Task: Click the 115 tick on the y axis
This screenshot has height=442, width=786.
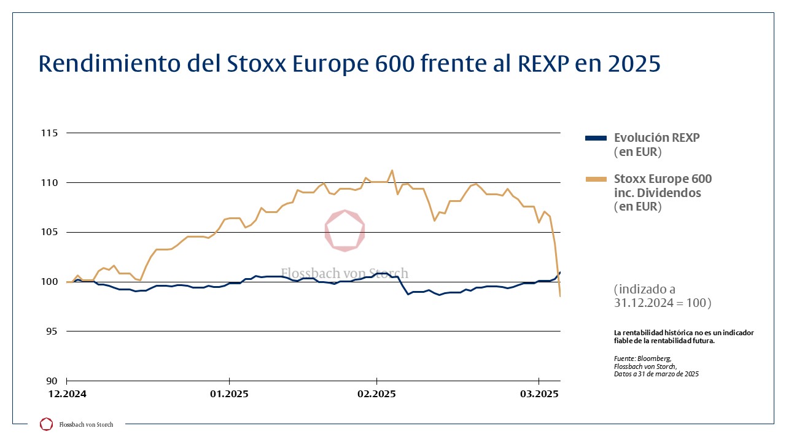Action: coord(49,133)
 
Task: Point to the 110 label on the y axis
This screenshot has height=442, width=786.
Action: coord(49,183)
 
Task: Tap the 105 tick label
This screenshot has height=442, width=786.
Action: coord(49,232)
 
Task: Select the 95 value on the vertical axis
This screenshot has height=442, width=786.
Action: coord(51,331)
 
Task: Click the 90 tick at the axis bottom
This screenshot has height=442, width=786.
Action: coord(51,381)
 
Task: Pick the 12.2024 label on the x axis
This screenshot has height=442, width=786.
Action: coord(68,394)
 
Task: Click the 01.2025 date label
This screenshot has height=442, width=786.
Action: coord(229,394)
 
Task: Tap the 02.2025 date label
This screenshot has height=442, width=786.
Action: coord(376,394)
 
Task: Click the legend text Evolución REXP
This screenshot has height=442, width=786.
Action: coord(656,138)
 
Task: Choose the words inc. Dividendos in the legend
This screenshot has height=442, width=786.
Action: coord(657,193)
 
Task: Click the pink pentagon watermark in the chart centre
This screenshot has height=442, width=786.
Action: coord(344,231)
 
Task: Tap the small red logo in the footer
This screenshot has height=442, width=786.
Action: coord(46,424)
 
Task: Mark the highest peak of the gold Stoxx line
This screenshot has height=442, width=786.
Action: coord(392,170)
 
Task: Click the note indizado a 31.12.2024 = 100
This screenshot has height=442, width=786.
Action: coord(662,296)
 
